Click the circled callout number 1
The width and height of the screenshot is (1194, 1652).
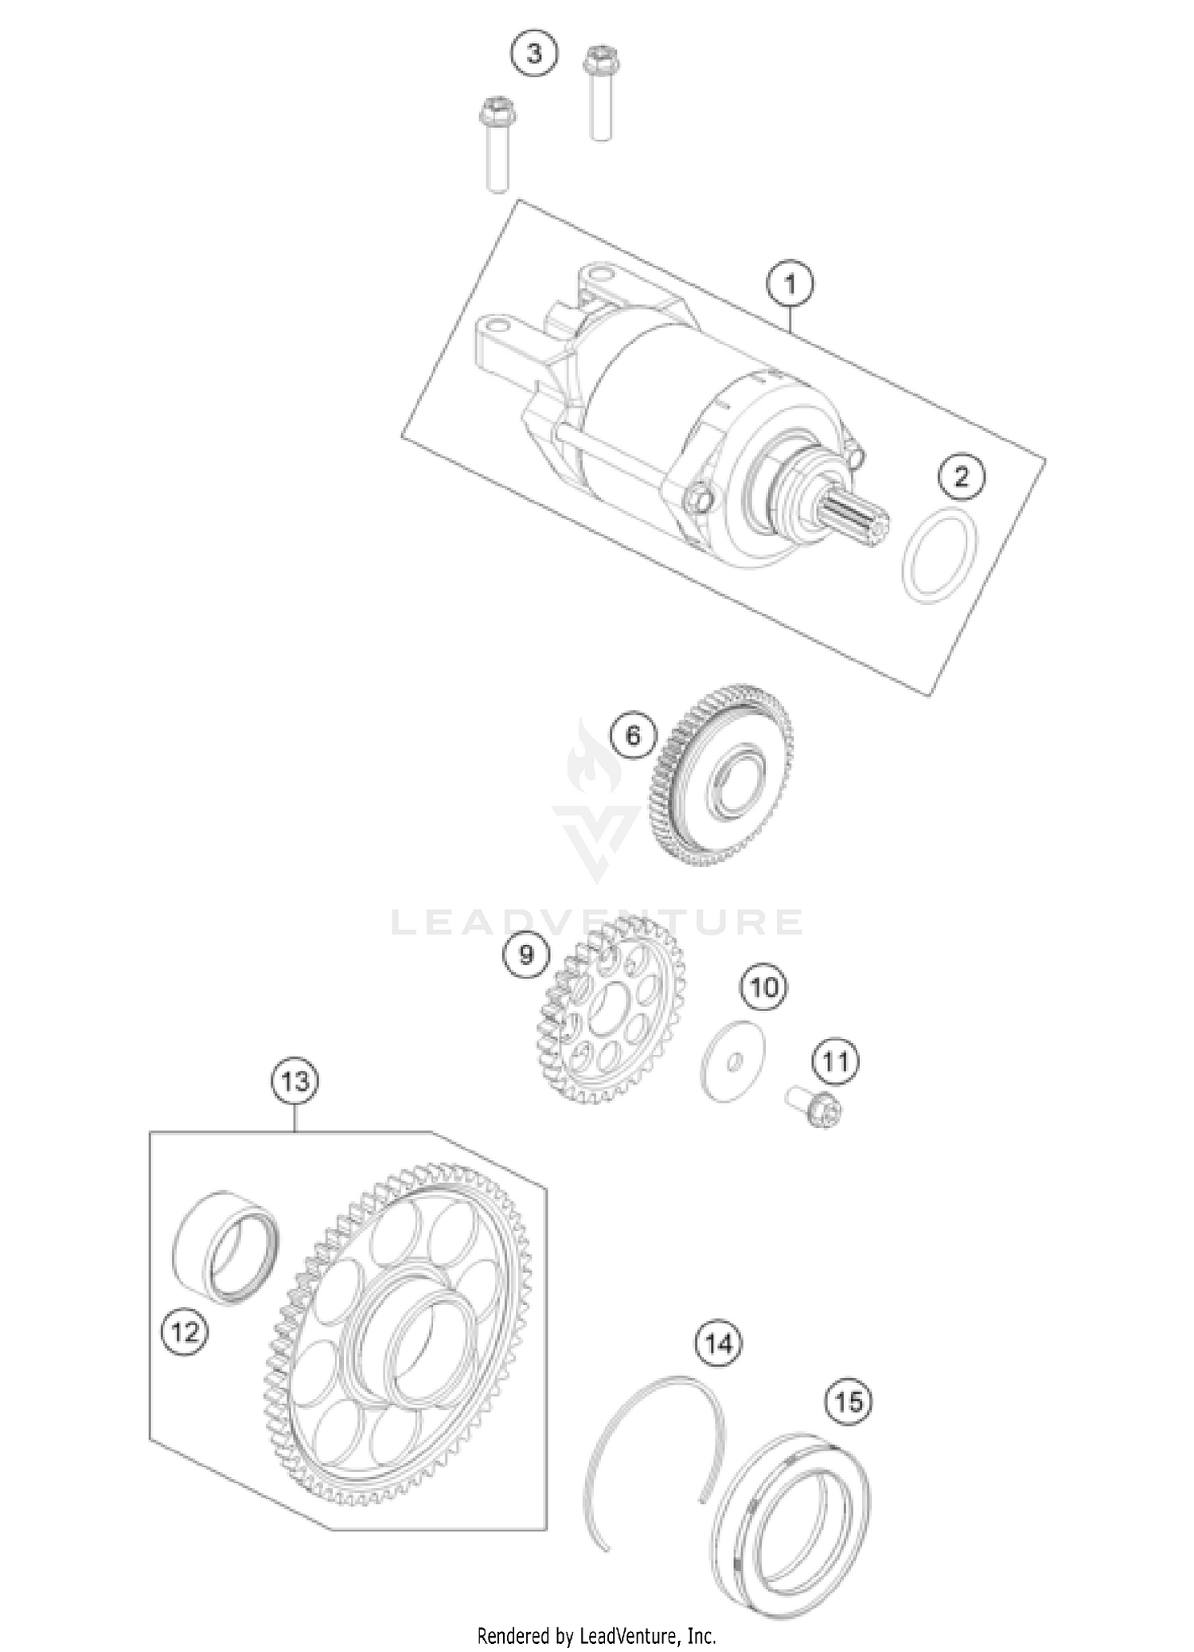click(x=790, y=284)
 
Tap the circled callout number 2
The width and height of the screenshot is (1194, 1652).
click(x=962, y=477)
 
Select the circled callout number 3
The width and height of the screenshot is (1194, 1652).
click(x=534, y=53)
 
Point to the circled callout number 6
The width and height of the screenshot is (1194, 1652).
click(x=633, y=735)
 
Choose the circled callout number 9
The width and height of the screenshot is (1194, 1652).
click(x=526, y=955)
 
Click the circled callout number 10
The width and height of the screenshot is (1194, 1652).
click(x=763, y=988)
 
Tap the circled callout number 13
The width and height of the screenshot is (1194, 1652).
click(x=295, y=1082)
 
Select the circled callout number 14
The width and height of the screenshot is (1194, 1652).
click(x=718, y=1344)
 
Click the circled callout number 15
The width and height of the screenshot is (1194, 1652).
click(x=849, y=1400)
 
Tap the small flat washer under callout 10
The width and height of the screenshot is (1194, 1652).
click(x=733, y=1061)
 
